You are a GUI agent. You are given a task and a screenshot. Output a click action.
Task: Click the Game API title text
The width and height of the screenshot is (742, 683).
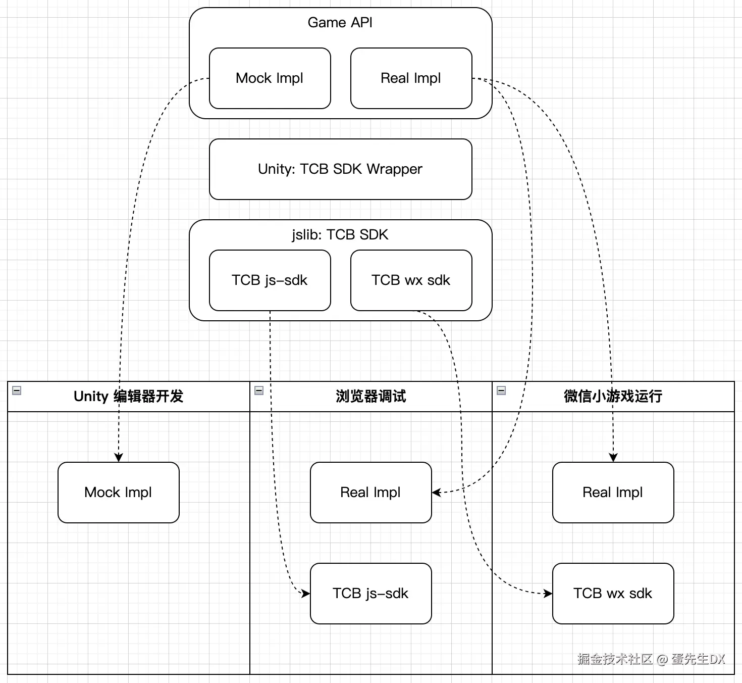340,23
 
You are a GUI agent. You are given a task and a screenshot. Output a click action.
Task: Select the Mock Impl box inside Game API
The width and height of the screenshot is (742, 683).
270,78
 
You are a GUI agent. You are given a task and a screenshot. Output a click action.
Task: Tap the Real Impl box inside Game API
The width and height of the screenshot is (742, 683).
411,78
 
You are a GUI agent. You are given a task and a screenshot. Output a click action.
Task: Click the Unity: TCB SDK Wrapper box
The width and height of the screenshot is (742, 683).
340,169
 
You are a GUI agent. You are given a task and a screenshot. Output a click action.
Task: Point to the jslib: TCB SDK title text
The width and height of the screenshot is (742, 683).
340,235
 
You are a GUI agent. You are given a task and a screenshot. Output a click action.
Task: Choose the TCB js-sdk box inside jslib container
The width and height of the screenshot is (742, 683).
270,280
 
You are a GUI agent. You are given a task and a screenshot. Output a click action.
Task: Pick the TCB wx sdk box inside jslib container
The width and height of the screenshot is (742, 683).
411,280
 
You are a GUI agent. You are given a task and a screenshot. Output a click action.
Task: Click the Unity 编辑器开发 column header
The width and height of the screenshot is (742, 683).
128,397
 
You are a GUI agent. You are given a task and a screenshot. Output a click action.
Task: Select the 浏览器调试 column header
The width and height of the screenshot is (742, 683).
370,397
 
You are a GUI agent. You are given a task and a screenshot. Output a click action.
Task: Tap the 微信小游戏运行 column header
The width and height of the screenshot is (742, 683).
613,397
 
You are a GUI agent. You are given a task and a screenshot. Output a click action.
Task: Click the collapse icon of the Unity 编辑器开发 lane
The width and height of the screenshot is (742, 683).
17,391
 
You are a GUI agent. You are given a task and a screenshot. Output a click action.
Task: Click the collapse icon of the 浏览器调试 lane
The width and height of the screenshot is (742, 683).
259,391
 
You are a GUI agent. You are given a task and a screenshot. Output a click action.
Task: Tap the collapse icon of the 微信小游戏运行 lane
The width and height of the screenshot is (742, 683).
501,391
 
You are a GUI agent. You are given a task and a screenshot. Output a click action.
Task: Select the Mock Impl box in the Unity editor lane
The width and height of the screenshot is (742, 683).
118,493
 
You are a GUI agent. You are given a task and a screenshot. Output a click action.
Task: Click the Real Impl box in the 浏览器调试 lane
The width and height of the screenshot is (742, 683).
370,493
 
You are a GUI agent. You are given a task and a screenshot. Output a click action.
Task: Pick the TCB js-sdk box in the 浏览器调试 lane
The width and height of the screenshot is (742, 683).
370,594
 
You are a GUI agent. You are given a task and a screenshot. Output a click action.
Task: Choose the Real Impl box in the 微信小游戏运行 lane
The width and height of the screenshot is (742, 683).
613,493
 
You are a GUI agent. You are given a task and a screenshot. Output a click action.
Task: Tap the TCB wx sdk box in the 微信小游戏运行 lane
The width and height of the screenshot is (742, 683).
613,594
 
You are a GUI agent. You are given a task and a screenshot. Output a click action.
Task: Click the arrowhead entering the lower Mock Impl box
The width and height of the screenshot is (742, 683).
119,458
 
